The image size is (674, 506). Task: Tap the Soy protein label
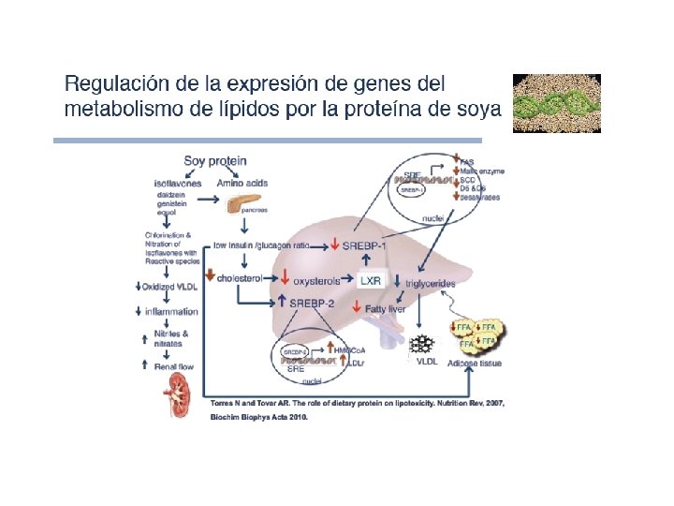tap(214, 160)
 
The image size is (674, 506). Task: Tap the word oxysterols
tap(319, 279)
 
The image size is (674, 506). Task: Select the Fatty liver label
tap(387, 307)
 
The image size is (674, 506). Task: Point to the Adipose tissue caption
tap(476, 362)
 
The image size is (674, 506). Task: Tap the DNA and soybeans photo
tap(557, 103)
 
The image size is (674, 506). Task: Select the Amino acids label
tap(242, 183)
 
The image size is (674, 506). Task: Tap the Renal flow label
tap(173, 366)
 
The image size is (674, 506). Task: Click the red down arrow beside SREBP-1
tap(335, 245)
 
